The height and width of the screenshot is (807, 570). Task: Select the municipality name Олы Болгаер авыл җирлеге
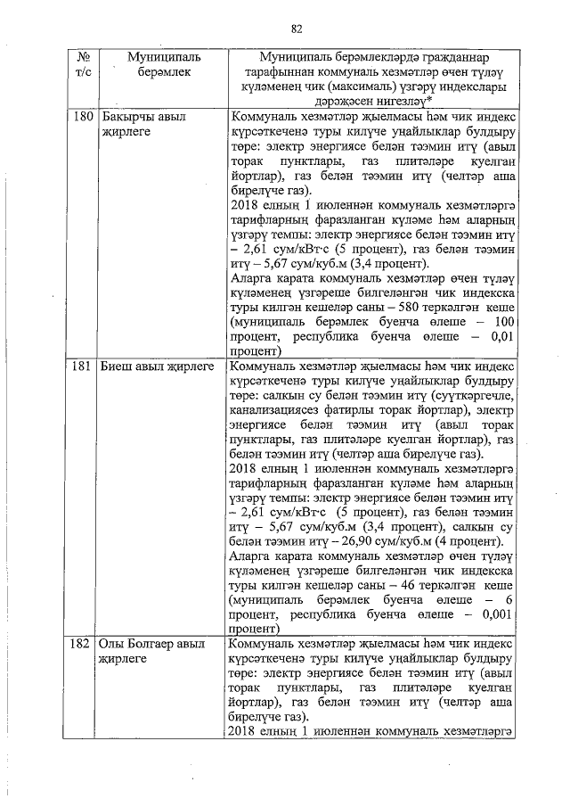tap(151, 651)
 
